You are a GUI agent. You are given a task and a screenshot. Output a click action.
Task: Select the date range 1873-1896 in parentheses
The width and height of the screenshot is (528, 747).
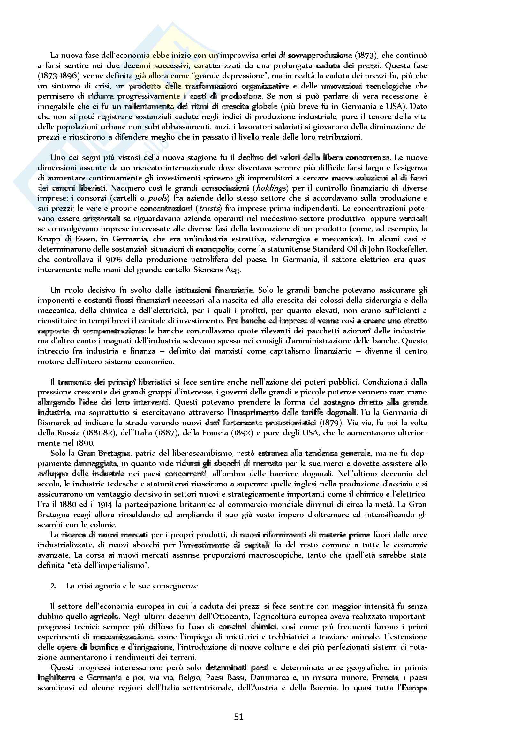(x=58, y=76)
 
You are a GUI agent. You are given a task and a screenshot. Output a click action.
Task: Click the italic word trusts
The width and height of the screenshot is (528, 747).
(x=209, y=208)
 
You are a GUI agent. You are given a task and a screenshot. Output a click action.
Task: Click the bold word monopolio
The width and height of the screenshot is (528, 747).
(x=215, y=249)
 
